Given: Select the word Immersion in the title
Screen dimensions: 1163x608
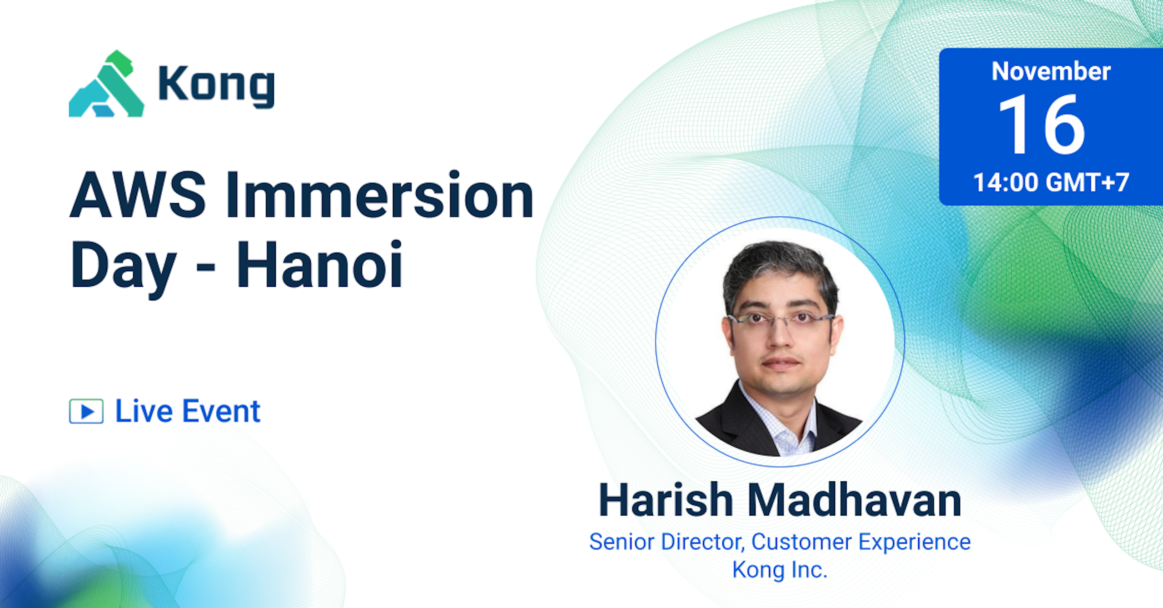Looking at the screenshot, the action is click(380, 194).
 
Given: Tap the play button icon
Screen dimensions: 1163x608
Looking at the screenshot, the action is click(86, 411).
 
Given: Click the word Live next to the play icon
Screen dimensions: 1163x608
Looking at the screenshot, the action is click(144, 411).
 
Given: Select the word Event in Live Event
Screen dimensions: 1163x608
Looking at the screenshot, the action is click(222, 411).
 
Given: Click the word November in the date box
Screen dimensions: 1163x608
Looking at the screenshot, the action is click(1051, 71).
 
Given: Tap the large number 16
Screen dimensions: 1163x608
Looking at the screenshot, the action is click(1042, 124).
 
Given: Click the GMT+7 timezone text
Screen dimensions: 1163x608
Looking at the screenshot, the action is click(1087, 183).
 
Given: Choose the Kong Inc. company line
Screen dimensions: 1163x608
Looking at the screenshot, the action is click(780, 570).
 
